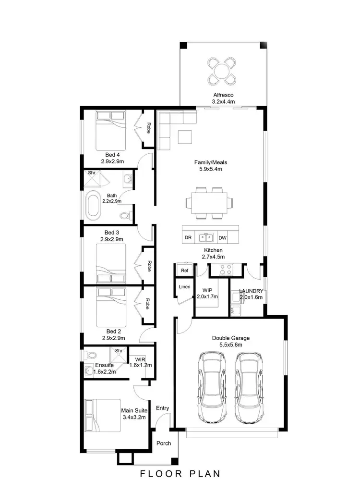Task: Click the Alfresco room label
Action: click(222, 95)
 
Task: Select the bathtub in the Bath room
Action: click(94, 204)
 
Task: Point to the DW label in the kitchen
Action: click(222, 237)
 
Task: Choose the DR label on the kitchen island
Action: click(188, 237)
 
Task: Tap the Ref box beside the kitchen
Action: click(184, 271)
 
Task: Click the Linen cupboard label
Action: click(184, 287)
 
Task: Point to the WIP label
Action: click(207, 290)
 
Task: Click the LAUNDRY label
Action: click(251, 291)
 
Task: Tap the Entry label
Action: click(163, 408)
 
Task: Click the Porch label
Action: click(164, 443)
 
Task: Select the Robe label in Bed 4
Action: click(149, 128)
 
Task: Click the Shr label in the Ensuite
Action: click(119, 351)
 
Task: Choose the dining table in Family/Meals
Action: click(209, 203)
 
